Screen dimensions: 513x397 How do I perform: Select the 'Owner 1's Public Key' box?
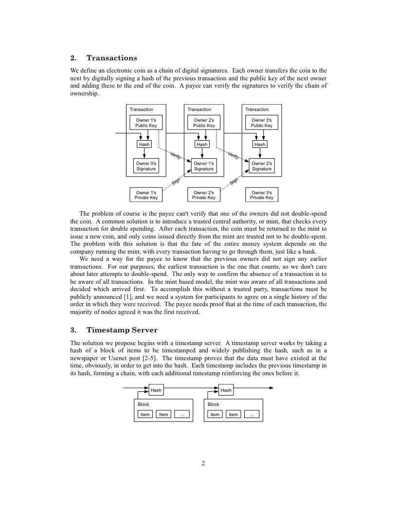coord(146,123)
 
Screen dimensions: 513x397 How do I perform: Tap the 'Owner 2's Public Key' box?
coord(204,123)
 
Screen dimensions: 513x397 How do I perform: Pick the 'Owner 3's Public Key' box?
coord(261,123)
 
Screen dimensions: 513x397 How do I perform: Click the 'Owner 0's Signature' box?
coord(146,166)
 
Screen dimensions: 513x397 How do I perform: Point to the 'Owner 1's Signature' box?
coord(204,166)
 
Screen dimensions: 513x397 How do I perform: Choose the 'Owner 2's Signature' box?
coord(261,166)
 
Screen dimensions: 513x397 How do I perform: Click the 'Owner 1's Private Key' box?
coord(146,195)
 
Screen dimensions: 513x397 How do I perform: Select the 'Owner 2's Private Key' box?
coord(204,195)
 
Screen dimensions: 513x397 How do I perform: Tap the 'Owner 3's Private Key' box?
coord(261,195)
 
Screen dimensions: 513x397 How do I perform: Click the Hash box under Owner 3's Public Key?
coord(260,144)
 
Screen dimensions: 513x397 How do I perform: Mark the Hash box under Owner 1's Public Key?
coord(144,144)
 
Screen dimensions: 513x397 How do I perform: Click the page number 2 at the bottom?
coord(203,463)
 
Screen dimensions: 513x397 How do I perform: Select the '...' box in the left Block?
coord(181,414)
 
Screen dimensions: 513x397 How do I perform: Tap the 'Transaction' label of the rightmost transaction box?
coord(257,110)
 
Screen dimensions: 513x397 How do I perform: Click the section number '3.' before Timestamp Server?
coord(74,330)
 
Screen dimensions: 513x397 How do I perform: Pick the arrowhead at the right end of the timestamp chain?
coord(271,388)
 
